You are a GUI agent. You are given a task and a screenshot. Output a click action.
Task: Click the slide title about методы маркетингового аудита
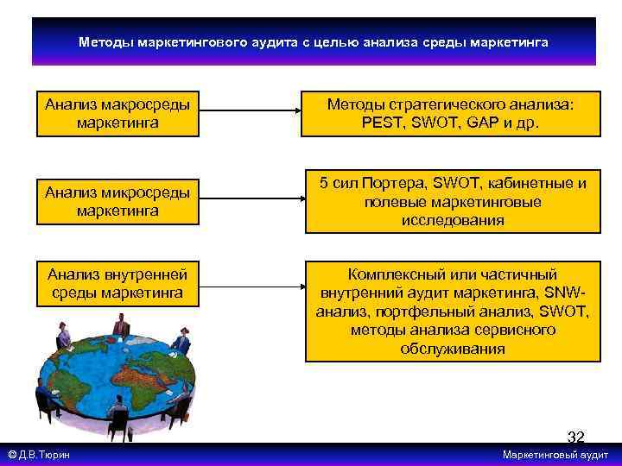313,41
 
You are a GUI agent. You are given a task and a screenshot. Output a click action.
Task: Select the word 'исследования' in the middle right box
452,220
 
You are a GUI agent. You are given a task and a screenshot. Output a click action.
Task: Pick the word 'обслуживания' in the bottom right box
452,349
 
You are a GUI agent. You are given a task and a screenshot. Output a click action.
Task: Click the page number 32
575,438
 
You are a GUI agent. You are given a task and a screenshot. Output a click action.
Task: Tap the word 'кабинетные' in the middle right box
535,183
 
